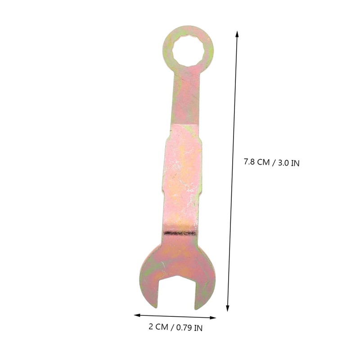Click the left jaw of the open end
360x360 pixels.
click(149, 283)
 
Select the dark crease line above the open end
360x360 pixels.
click(180, 233)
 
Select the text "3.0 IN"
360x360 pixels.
click(288, 162)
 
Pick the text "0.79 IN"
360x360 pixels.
click(189, 328)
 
